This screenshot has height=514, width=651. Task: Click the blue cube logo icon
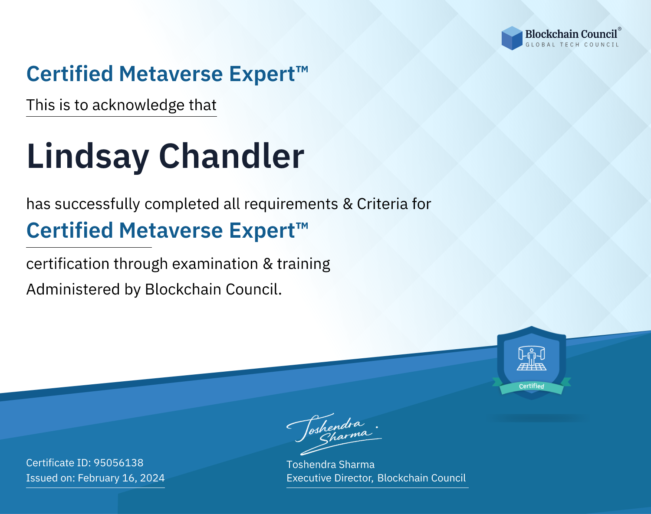(512, 38)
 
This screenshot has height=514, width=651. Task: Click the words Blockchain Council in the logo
(571, 34)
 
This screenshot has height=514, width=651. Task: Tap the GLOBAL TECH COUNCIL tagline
(572, 45)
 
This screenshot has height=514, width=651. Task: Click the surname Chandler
(231, 156)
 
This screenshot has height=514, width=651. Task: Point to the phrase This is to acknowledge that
(122, 105)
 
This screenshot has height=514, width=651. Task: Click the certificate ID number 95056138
(118, 462)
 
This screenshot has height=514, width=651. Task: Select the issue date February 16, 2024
(121, 478)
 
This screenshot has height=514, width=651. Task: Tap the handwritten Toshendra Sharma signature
(334, 434)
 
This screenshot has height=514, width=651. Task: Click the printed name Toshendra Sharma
(330, 465)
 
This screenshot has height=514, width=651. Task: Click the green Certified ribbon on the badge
(532, 387)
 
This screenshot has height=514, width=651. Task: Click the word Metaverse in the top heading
(171, 74)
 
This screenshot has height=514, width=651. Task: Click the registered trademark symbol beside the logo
(619, 29)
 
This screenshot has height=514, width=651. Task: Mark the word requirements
(291, 204)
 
